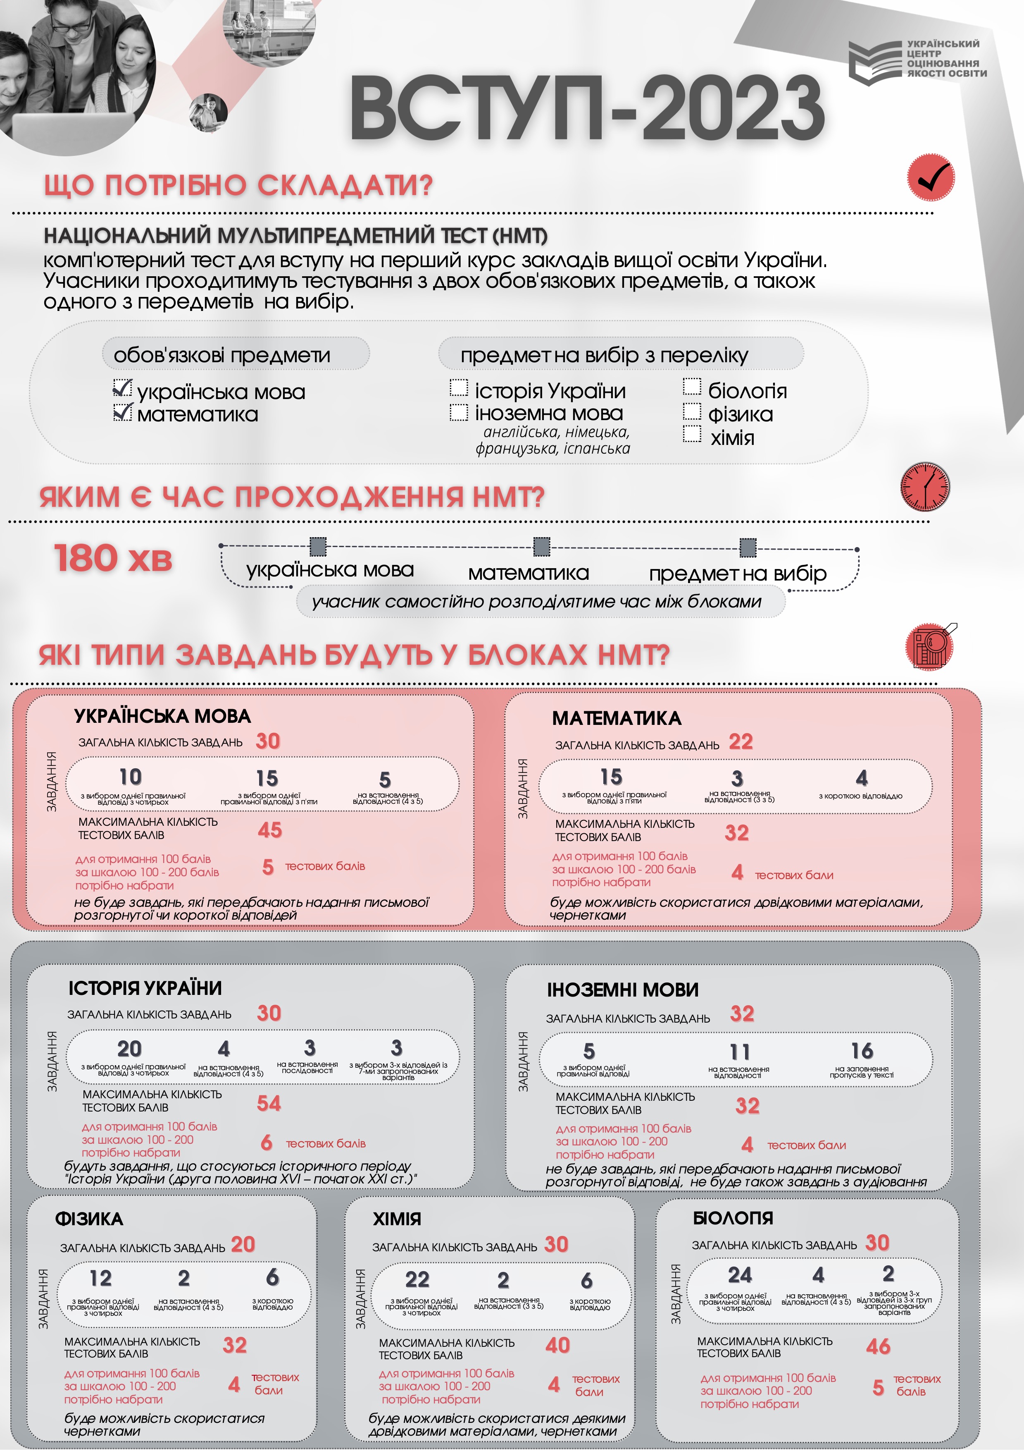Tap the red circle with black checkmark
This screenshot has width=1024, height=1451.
[931, 177]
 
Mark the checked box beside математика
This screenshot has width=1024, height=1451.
[123, 412]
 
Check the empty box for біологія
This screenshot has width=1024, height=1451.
[692, 387]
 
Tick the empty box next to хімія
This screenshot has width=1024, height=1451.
[692, 434]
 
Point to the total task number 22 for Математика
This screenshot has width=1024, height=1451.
[741, 741]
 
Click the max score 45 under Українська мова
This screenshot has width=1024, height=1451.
[270, 830]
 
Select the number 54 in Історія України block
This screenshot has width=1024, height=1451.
[269, 1103]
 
